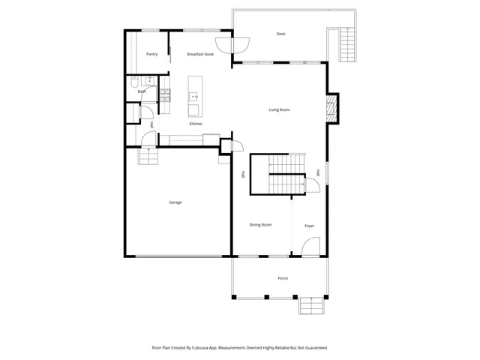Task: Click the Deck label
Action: coord(280,34)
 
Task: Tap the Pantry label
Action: coord(151,54)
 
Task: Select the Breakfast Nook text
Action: coord(200,54)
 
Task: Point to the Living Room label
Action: coord(279,110)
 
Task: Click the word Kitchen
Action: coord(195,124)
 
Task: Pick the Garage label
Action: coord(175,202)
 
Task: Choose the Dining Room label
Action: coord(260,224)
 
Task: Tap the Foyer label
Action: coord(309,226)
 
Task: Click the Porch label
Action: coord(283,278)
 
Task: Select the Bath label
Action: coord(141,91)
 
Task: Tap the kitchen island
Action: coord(194,92)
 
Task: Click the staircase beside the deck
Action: coord(347,45)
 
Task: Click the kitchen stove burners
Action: coord(165,95)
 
